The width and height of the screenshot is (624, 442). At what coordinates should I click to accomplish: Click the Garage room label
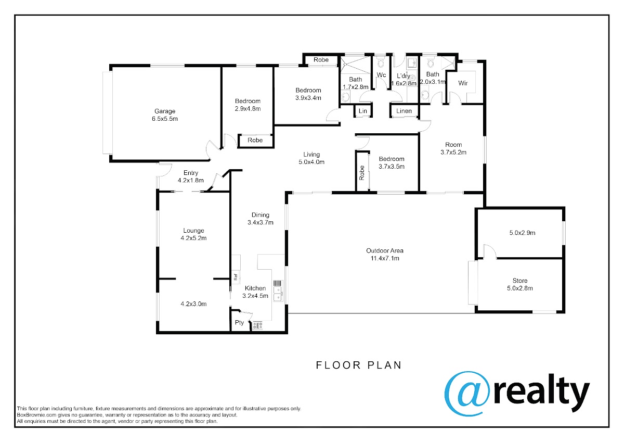(165, 115)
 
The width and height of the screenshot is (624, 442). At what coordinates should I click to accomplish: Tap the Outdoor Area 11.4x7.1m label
(385, 255)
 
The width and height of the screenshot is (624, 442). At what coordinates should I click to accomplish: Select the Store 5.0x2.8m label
(520, 284)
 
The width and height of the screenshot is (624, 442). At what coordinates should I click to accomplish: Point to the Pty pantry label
(239, 322)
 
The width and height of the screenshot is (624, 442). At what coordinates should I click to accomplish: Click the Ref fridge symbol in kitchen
(236, 277)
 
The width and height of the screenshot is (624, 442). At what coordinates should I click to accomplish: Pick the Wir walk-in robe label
(463, 83)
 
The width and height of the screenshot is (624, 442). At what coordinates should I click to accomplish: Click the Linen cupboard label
(404, 111)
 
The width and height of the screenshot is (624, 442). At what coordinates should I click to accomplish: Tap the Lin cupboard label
(363, 111)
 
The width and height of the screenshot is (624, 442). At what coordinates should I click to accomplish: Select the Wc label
(381, 75)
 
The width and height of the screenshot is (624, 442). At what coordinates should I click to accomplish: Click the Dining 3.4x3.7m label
(261, 219)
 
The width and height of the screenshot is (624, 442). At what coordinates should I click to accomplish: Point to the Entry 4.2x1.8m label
(191, 176)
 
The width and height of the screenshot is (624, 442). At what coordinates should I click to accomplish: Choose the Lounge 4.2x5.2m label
(193, 234)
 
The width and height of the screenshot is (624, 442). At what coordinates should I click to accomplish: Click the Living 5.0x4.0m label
(311, 158)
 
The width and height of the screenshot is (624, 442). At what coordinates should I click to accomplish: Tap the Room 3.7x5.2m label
(453, 148)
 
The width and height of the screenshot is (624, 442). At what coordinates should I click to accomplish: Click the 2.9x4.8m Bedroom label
(248, 105)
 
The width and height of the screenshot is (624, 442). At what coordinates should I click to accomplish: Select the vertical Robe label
(362, 173)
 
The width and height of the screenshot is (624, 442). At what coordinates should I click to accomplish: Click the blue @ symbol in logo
(467, 394)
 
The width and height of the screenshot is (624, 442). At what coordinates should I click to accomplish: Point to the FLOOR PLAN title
(358, 365)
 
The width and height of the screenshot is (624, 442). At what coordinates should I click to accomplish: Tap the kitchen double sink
(278, 294)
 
